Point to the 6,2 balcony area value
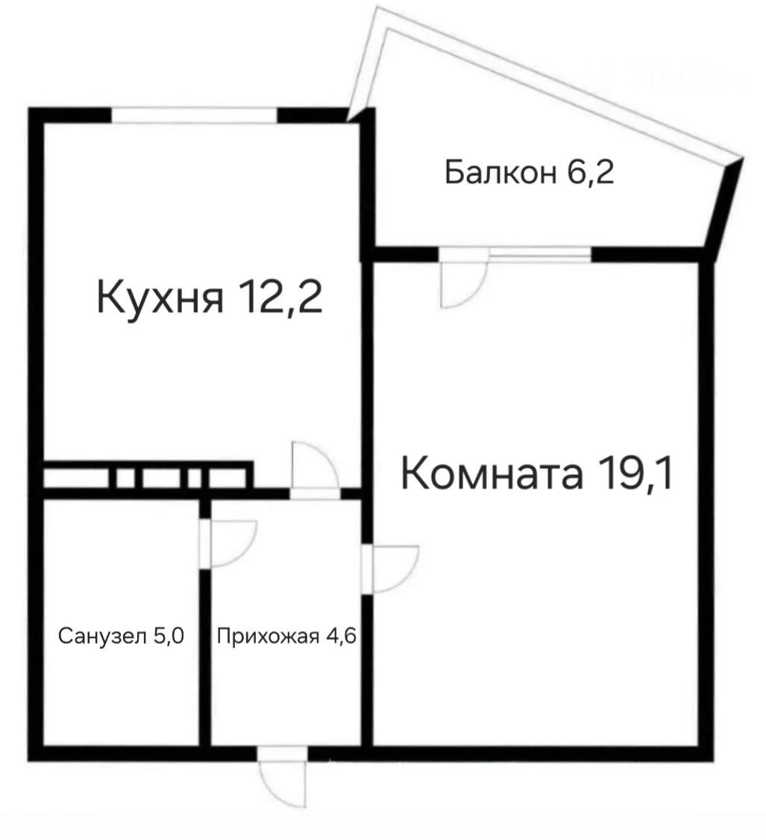(x=589, y=173)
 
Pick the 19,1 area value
(x=635, y=474)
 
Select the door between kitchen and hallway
(x=315, y=468)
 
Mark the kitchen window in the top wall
(x=195, y=116)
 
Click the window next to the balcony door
(x=539, y=254)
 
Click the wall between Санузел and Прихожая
(x=204, y=656)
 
